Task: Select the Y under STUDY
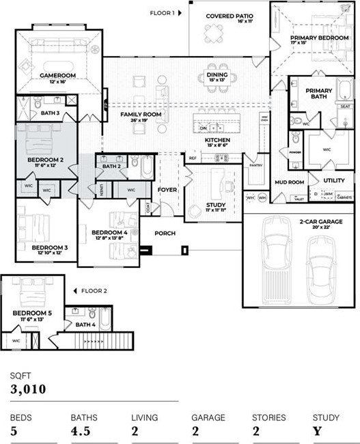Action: tap(316, 431)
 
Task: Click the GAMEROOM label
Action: tap(57, 75)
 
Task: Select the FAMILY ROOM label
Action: tap(141, 114)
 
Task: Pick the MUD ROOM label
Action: tap(289, 182)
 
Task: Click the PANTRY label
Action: tap(256, 165)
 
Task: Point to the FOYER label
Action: tap(167, 189)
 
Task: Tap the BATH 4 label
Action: tap(85, 324)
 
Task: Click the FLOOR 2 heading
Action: tap(94, 290)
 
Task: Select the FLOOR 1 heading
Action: tap(164, 12)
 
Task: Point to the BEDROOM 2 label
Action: tap(46, 160)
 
